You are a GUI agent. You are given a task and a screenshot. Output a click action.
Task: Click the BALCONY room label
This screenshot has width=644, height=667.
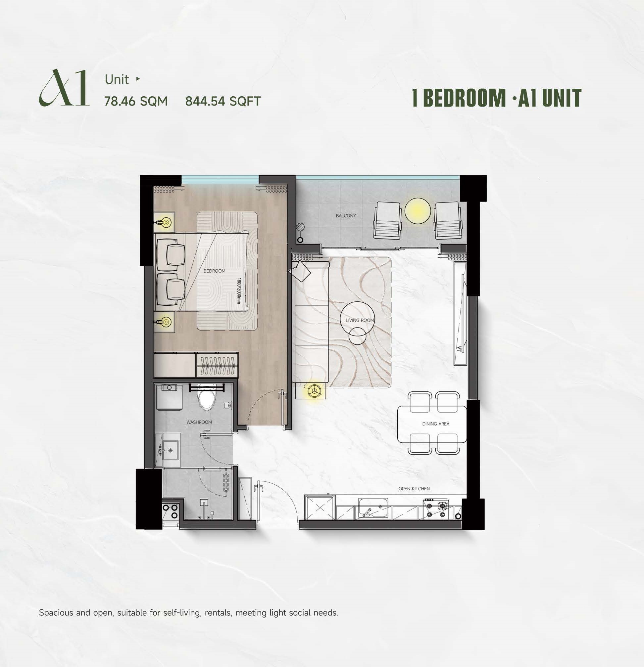(346, 216)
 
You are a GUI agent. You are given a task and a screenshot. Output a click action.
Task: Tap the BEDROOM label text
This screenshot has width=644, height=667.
(214, 271)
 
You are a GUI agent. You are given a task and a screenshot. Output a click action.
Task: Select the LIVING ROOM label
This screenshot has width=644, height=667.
(360, 320)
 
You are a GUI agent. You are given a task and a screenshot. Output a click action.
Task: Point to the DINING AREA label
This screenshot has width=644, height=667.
(436, 424)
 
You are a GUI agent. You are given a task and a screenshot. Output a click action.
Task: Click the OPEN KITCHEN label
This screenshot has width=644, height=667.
(414, 489)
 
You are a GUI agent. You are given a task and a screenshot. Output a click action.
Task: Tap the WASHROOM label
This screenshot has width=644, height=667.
(199, 422)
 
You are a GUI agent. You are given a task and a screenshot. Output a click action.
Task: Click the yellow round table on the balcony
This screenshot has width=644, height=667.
(418, 211)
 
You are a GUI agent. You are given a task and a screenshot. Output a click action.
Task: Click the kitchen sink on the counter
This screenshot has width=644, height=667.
(373, 509)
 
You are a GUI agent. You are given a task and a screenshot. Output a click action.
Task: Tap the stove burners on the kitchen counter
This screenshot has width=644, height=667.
(436, 509)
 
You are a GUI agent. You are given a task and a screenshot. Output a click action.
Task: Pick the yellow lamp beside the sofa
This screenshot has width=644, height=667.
(313, 391)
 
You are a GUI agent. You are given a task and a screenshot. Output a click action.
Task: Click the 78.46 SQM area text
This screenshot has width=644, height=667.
(136, 101)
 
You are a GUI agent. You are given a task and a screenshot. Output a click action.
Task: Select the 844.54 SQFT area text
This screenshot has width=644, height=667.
(223, 101)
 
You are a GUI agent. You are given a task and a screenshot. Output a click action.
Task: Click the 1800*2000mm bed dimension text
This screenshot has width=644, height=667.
(239, 291)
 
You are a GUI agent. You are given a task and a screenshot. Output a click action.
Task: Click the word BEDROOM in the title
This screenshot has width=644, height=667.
(465, 98)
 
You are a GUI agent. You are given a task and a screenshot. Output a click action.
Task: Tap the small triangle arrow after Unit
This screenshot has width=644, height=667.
(138, 79)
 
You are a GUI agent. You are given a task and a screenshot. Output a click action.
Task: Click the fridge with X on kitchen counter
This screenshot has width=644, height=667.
(320, 508)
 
